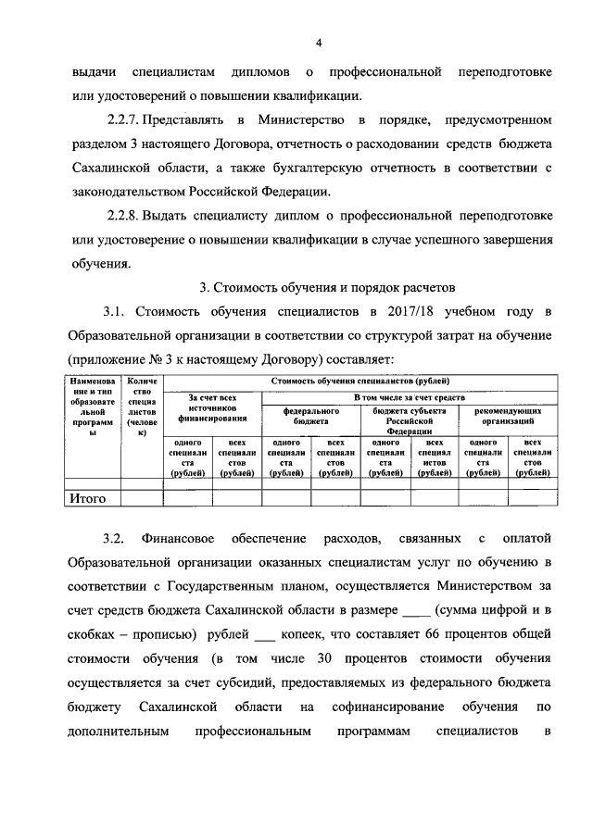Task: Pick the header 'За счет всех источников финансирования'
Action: [212, 407]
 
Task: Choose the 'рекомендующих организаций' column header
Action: [508, 415]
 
